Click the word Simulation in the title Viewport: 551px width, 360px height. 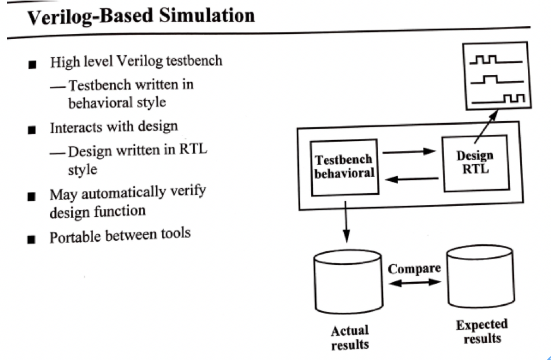(x=202, y=15)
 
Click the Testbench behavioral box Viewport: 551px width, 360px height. (x=344, y=166)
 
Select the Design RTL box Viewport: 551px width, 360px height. (x=475, y=163)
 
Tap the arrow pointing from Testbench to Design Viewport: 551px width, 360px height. (x=410, y=151)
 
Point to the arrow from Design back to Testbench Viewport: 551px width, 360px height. (x=410, y=177)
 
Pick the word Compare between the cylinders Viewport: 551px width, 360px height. (x=414, y=268)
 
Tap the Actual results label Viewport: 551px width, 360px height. (x=350, y=337)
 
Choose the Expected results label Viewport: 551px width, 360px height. (x=482, y=331)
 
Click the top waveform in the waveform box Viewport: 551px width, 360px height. (x=496, y=60)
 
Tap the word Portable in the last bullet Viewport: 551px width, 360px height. (x=75, y=236)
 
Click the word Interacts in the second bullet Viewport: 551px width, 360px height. (x=73, y=127)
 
